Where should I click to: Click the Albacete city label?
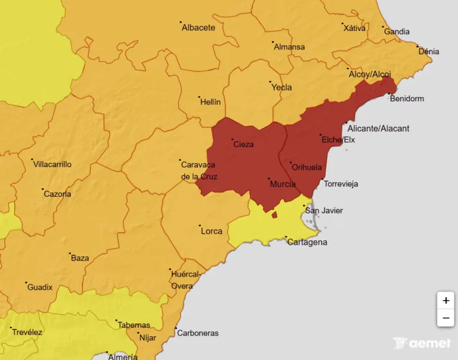(x=198, y=27)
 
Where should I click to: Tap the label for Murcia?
(x=283, y=184)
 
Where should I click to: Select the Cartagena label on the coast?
(x=307, y=242)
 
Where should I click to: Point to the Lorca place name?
(x=211, y=231)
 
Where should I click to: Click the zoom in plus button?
(x=445, y=300)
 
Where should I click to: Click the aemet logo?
(x=422, y=343)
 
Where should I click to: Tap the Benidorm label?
(x=407, y=98)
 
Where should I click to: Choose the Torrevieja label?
(x=341, y=184)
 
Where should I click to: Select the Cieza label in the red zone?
(x=243, y=144)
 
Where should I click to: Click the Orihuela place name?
(x=307, y=167)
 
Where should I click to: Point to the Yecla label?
(x=281, y=87)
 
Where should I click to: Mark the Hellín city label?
(x=210, y=102)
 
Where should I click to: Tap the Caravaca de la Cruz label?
(x=199, y=170)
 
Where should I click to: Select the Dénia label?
(x=429, y=52)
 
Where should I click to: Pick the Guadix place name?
(x=40, y=287)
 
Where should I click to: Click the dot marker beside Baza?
(x=70, y=253)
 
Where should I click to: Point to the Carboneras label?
(x=198, y=333)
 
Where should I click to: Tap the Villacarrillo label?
(x=52, y=164)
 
